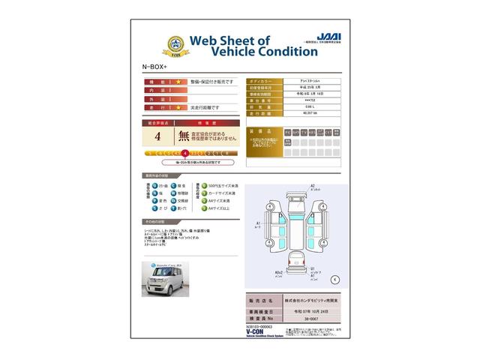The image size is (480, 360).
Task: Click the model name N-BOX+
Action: [x=154, y=67]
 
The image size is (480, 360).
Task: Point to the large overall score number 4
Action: [x=157, y=136]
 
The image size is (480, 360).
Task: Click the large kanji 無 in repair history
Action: [x=183, y=136]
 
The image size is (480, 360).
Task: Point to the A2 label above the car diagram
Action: [x=313, y=185]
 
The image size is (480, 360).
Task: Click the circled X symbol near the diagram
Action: [x=334, y=279]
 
